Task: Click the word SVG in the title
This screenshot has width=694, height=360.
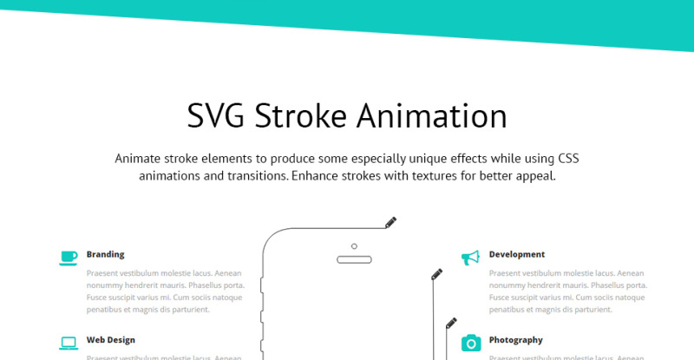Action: pyautogui.click(x=217, y=116)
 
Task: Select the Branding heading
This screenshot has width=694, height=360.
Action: pyautogui.click(x=105, y=254)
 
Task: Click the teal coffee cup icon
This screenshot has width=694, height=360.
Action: pyautogui.click(x=69, y=258)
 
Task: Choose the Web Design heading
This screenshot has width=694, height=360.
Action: pyautogui.click(x=110, y=340)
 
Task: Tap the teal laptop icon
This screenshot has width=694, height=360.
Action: pyautogui.click(x=69, y=344)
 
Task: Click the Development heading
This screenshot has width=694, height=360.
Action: pyautogui.click(x=517, y=254)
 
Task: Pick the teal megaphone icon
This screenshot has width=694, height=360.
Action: pyautogui.click(x=470, y=258)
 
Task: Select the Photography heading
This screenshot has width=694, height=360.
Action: pyautogui.click(x=515, y=340)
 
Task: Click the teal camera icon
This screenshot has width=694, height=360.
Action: pyautogui.click(x=471, y=343)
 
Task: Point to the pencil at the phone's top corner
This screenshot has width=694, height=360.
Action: pyautogui.click(x=391, y=222)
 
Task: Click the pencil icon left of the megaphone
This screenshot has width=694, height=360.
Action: pyautogui.click(x=437, y=274)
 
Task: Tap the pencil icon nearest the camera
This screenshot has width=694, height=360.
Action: pyautogui.click(x=451, y=323)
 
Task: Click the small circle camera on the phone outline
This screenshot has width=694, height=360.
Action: pyautogui.click(x=354, y=245)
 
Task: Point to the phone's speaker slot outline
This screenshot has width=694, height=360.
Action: pyautogui.click(x=354, y=259)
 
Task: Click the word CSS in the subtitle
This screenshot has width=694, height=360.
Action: pyautogui.click(x=567, y=159)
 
